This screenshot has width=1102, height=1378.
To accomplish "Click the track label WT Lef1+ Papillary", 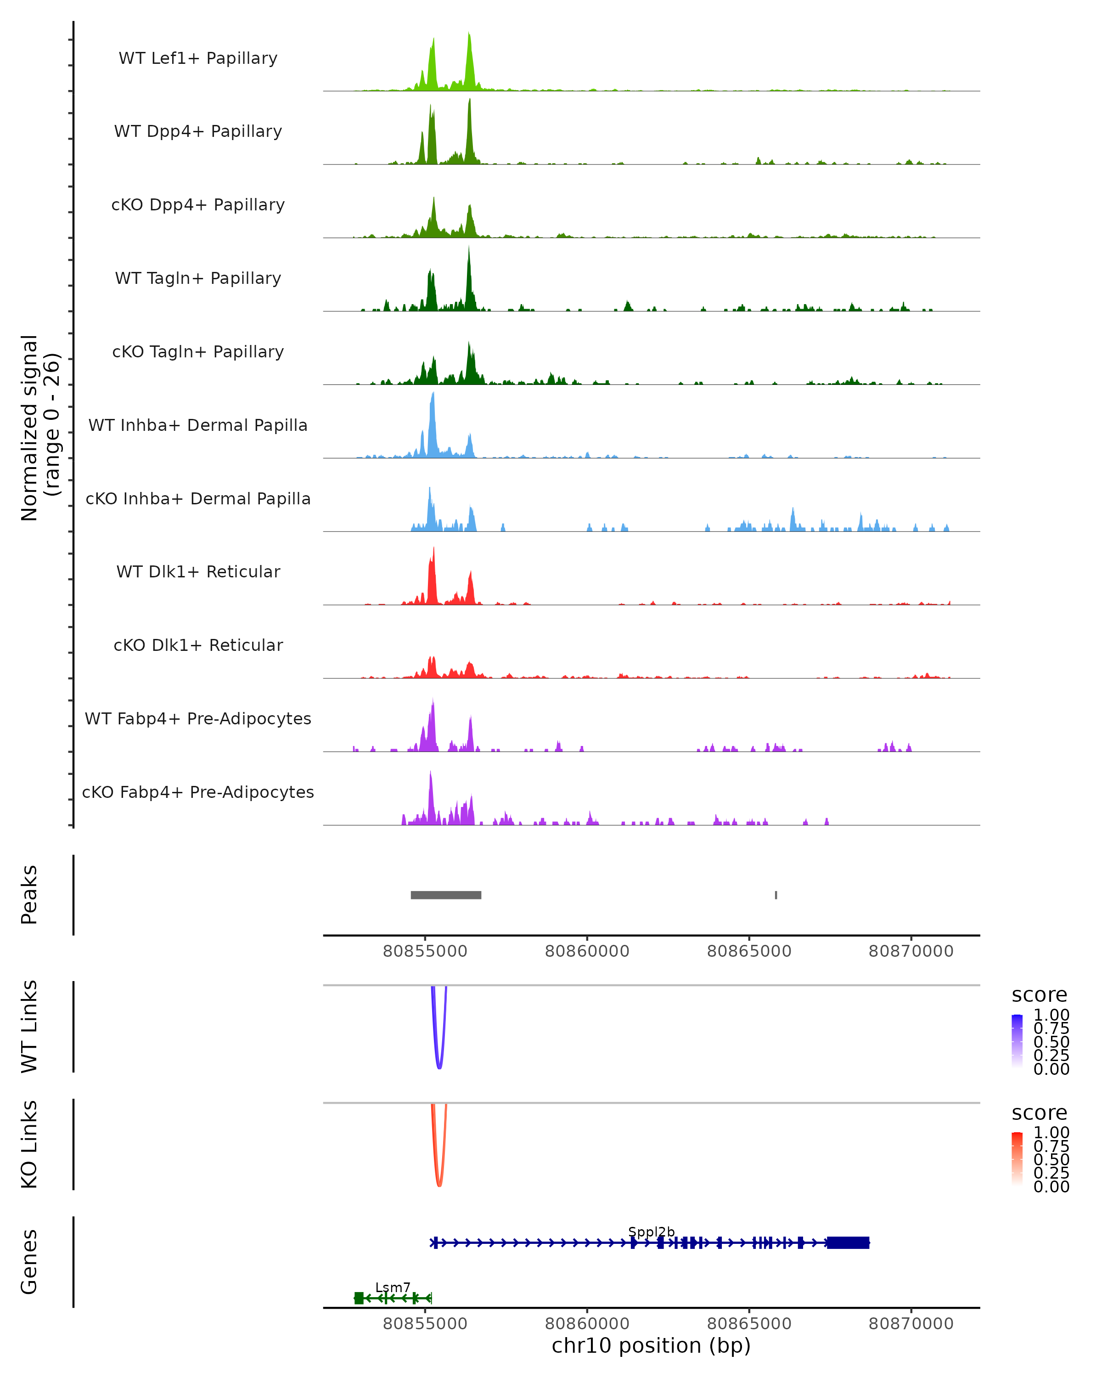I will click(x=198, y=58).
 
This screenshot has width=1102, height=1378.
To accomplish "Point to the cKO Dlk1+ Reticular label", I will click(x=198, y=645).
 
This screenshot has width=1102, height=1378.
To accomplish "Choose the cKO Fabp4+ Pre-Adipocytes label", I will click(x=198, y=792).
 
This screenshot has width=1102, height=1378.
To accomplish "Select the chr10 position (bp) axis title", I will click(x=651, y=1345).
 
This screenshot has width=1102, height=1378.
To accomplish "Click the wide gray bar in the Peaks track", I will click(x=446, y=895).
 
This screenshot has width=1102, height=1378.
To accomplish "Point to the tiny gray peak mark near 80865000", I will click(x=776, y=895).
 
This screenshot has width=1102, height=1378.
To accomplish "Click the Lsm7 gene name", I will click(x=392, y=1287).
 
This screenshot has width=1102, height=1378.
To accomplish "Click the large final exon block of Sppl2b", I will click(x=848, y=1242).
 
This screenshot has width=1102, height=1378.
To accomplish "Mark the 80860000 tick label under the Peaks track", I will click(x=587, y=951).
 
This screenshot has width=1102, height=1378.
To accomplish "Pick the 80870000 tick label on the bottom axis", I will click(x=911, y=1324).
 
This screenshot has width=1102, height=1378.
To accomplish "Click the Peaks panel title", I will click(x=29, y=895).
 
